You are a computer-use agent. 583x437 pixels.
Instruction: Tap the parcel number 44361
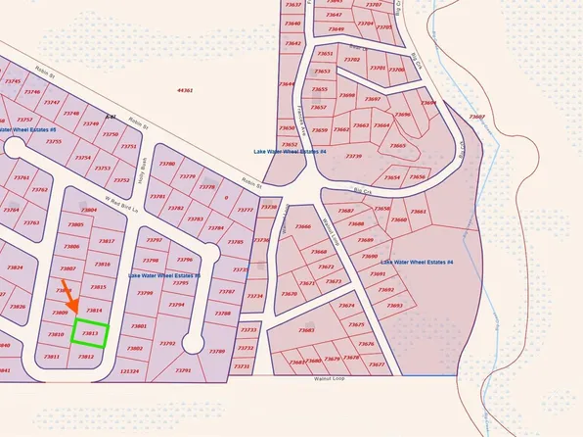[x=185, y=90]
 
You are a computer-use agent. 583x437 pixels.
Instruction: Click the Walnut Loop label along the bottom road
[x=331, y=377]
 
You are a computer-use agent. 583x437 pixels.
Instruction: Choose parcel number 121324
[x=129, y=371]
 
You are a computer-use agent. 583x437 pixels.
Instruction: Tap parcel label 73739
[x=353, y=157]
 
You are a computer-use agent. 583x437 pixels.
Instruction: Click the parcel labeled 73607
[x=476, y=117]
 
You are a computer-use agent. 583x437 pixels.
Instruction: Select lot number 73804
[x=89, y=211]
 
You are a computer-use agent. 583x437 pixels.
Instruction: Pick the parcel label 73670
[x=289, y=294]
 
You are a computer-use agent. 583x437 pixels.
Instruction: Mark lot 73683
[x=306, y=330]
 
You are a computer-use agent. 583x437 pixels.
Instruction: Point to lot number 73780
[x=167, y=164]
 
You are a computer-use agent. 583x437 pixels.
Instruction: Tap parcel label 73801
[x=138, y=325]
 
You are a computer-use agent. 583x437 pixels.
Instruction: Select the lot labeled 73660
[x=302, y=227]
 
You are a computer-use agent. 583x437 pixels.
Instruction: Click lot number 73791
[x=182, y=371]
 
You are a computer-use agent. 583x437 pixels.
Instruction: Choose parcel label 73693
[x=394, y=306]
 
